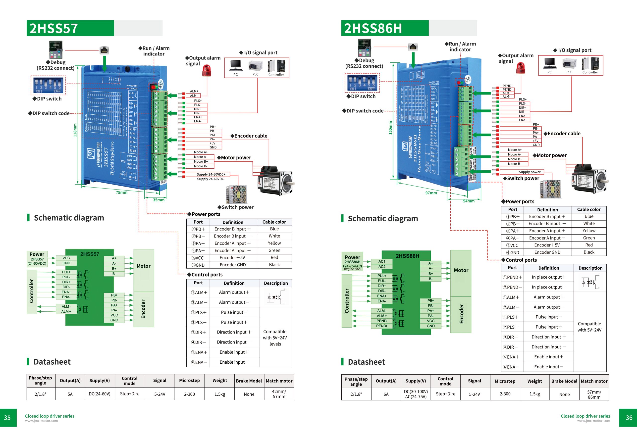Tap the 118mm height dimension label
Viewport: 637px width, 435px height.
tap(75, 130)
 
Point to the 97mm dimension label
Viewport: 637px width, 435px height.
tap(431, 193)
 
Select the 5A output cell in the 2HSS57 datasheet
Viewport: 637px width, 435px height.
tap(70, 394)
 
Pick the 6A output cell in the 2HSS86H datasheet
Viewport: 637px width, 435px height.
tap(386, 394)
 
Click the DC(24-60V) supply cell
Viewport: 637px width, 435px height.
tap(100, 394)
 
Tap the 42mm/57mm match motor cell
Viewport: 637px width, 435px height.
tap(279, 394)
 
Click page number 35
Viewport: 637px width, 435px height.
tap(7, 418)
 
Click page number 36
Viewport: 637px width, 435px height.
tap(629, 418)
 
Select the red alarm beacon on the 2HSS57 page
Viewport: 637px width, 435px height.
tap(207, 71)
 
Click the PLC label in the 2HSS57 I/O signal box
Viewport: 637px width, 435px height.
tap(256, 74)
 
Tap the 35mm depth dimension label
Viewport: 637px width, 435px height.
tap(159, 200)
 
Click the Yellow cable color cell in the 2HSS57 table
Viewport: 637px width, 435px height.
tap(274, 243)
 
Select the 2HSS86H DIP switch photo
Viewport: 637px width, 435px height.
tap(362, 83)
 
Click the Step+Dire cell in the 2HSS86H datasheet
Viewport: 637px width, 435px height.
tap(445, 394)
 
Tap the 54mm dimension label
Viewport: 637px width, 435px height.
tap(469, 201)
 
